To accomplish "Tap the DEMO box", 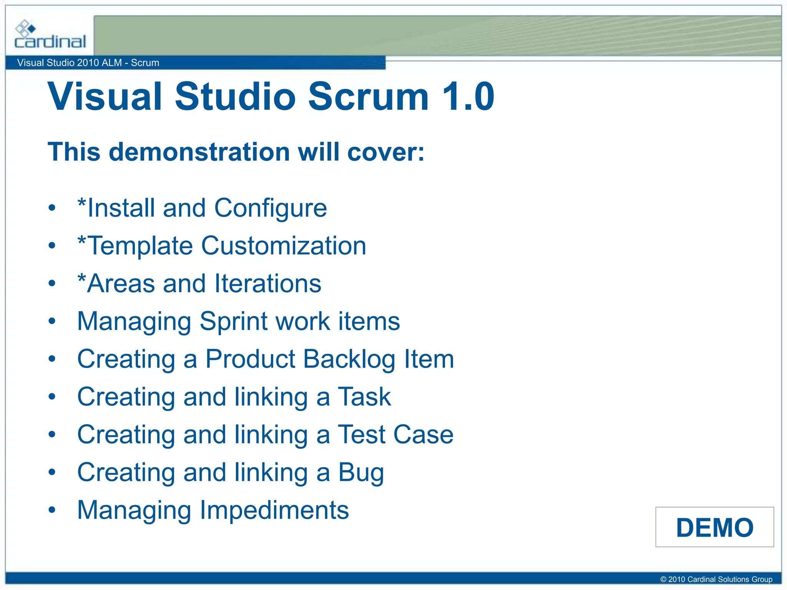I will tap(714, 527).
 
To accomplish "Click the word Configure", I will tap(270, 209).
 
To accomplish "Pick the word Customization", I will tap(283, 246).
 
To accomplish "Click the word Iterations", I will tap(267, 283).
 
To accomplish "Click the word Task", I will tap(364, 396).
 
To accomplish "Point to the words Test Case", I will tap(395, 434).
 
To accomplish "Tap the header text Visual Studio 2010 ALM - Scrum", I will tap(88, 63).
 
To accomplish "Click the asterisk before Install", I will tap(81, 202).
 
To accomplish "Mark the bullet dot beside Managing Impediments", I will tap(52, 510).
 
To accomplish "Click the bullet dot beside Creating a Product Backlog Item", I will tap(52, 359).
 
